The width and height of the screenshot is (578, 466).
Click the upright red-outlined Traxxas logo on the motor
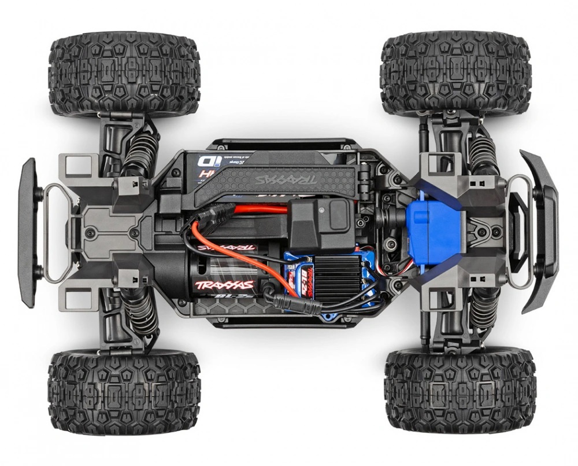pos(225,285)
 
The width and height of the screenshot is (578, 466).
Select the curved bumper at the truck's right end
pos(540,231)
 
